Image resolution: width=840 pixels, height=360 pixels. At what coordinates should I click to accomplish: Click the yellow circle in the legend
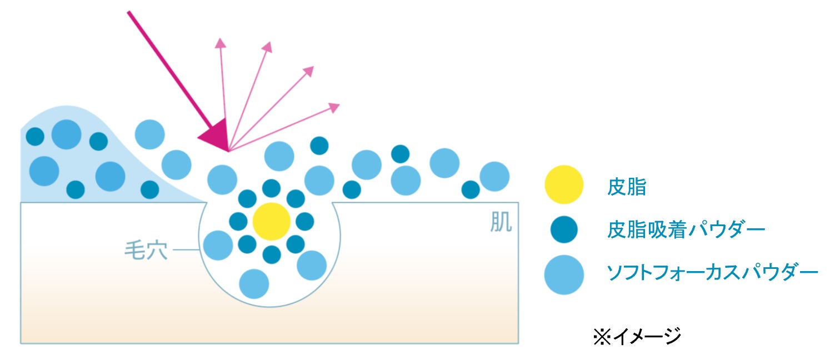[x=564, y=185]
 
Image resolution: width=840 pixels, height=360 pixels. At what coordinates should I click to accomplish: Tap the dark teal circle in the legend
[x=564, y=229]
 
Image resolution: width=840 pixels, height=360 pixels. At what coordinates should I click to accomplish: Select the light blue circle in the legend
[x=564, y=274]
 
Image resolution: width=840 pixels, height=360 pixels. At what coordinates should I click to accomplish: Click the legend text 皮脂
[x=627, y=187]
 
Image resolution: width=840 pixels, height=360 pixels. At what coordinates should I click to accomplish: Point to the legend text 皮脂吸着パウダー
[x=687, y=229]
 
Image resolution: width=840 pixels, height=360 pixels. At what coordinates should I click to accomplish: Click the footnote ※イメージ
[x=637, y=337]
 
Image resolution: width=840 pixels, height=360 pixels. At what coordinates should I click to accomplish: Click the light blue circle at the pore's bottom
[x=254, y=283]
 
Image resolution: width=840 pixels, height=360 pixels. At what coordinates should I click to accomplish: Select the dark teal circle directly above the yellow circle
[x=271, y=188]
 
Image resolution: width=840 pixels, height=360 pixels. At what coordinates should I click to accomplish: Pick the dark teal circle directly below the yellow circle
[x=271, y=254]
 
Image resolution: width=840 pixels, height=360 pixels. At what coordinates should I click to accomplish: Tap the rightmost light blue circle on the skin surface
[x=494, y=176]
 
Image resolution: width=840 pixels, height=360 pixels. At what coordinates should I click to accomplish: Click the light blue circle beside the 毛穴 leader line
[x=218, y=245]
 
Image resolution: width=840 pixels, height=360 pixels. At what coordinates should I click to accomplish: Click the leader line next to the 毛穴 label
[x=187, y=251]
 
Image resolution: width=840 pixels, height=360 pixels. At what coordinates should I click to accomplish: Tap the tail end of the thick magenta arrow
[x=129, y=12]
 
